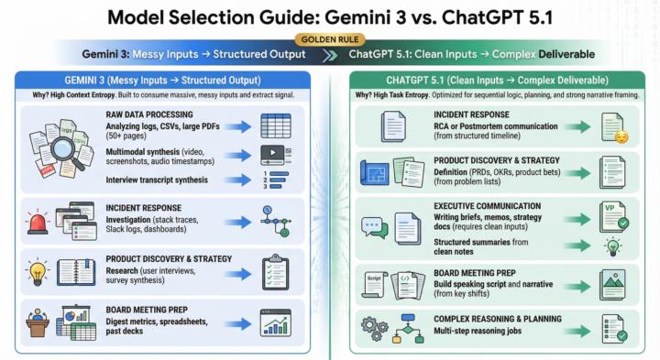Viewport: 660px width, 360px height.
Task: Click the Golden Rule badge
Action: point(329,40)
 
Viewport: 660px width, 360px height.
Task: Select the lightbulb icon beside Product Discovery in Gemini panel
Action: point(38,270)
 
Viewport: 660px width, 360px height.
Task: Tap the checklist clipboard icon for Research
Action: point(275,270)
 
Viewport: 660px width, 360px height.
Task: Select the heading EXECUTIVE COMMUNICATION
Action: point(487,206)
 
